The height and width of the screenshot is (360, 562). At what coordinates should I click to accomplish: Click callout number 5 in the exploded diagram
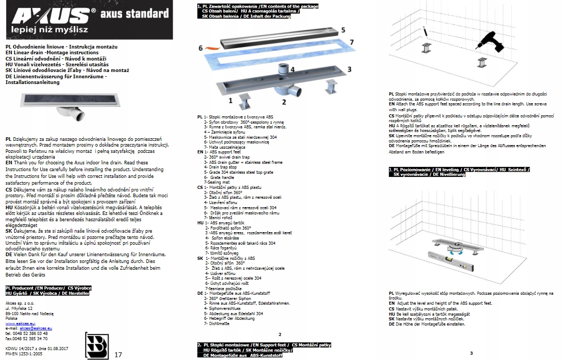343,30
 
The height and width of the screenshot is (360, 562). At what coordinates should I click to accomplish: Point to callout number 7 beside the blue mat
352,41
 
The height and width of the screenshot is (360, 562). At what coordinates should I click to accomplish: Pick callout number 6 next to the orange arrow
200,48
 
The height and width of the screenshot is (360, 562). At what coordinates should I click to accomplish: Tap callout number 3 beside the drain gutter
349,68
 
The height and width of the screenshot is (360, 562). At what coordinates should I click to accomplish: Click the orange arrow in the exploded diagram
213,50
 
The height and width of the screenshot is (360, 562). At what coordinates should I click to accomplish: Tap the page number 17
117,354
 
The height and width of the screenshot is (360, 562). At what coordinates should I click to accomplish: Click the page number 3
471,353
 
